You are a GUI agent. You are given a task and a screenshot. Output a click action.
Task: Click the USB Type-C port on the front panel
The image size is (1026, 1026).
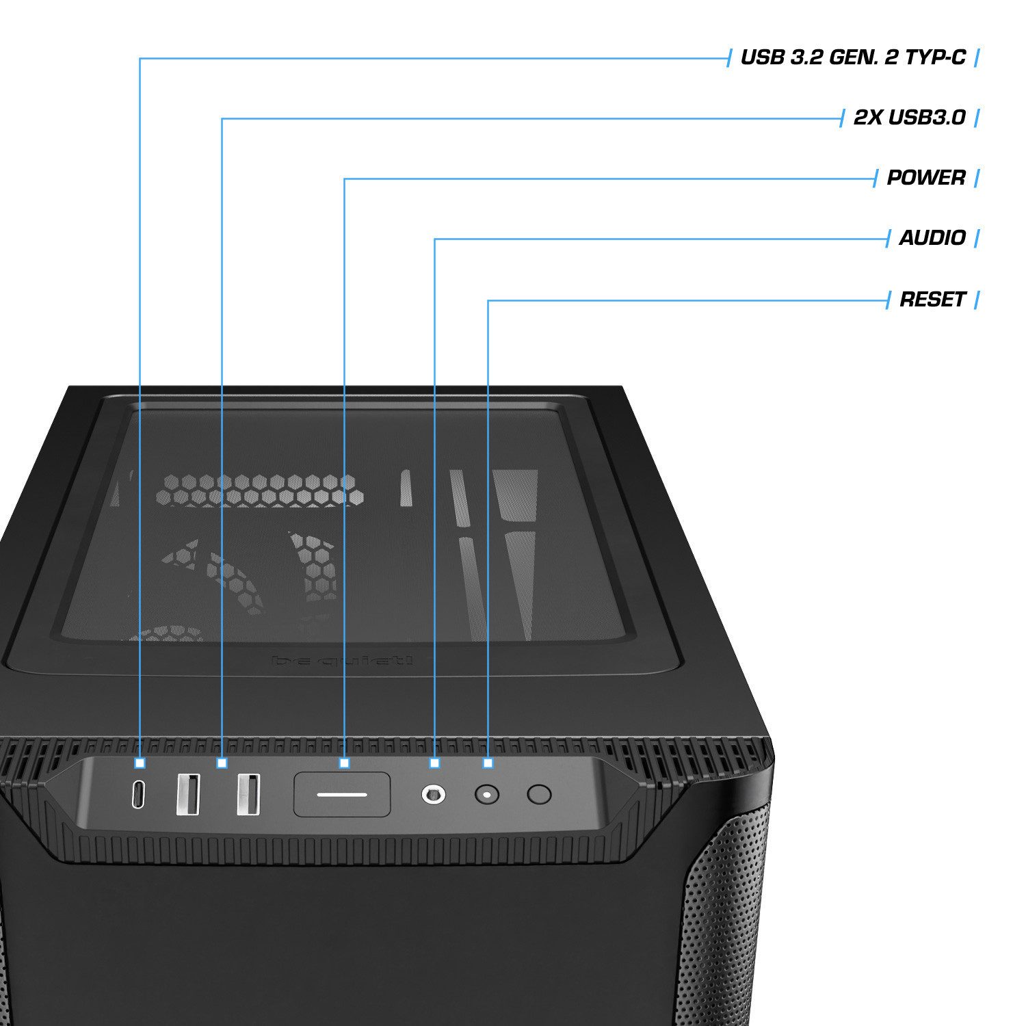tap(139, 794)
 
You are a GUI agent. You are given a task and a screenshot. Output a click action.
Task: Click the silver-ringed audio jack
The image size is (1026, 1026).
tap(433, 794)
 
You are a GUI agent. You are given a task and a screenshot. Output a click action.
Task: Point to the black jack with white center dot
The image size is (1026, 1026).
tap(486, 795)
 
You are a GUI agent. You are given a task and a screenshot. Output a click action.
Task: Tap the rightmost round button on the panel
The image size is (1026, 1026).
tap(539, 794)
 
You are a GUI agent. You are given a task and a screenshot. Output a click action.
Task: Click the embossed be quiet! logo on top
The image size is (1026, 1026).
tap(342, 661)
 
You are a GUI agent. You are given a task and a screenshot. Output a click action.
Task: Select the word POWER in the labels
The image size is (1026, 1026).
tap(926, 178)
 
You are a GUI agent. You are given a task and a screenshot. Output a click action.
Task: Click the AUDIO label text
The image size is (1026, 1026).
tap(932, 238)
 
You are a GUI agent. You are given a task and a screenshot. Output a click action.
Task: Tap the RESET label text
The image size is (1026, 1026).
tap(932, 300)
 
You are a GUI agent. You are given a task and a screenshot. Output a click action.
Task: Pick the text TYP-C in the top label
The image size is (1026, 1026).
tap(935, 57)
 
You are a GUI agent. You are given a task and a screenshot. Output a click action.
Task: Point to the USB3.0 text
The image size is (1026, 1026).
tap(927, 118)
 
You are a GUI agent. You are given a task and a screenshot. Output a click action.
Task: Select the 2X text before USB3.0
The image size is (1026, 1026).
tap(868, 118)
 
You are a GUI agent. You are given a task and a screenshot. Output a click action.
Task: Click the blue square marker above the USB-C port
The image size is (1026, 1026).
tap(140, 763)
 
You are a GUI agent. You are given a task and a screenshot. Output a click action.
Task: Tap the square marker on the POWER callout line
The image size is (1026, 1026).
tap(344, 763)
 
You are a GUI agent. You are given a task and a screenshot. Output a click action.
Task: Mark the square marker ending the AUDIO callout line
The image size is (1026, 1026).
tap(434, 763)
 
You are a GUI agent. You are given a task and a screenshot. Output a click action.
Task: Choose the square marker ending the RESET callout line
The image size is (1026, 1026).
tap(488, 763)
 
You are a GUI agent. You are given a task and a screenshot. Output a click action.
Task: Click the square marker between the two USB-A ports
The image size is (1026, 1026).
tap(222, 763)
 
